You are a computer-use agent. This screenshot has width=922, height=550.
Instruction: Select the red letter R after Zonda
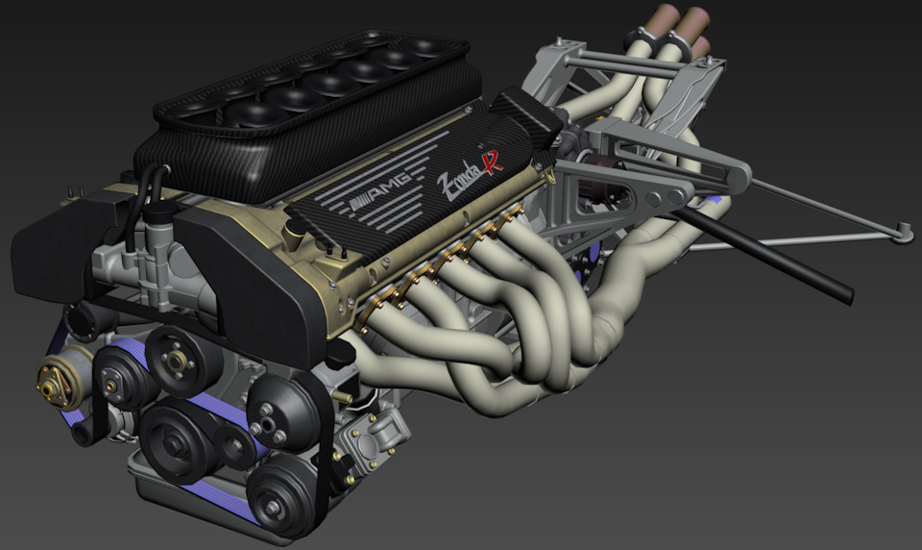pos(493,161)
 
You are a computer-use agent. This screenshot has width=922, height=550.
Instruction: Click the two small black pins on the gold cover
pos(336,252)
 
